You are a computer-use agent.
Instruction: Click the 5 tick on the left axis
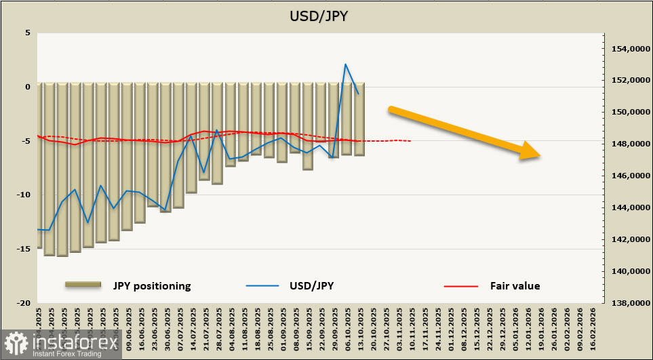(27, 33)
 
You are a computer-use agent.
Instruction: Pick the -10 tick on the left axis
(24, 195)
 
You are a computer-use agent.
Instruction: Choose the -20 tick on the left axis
(24, 303)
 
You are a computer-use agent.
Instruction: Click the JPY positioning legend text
(152, 285)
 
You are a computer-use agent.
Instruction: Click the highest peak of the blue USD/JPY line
(346, 64)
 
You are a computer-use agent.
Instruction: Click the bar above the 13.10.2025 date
(359, 119)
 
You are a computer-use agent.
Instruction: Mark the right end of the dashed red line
(410, 141)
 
